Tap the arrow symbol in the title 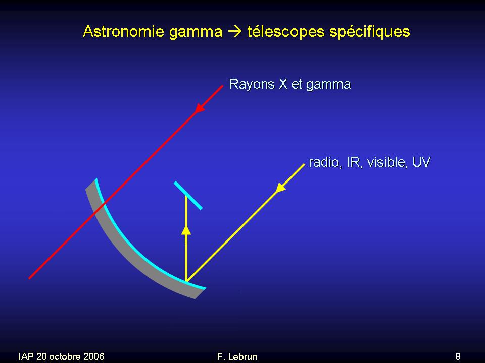click(x=235, y=32)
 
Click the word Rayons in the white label click(x=252, y=85)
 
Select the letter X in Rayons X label click(x=283, y=84)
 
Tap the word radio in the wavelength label click(x=325, y=162)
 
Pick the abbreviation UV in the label click(x=421, y=162)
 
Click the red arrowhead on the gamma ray click(x=200, y=108)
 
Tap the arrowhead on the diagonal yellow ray click(x=280, y=188)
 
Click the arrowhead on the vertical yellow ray click(x=186, y=230)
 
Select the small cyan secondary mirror click(x=188, y=196)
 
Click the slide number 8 click(x=458, y=356)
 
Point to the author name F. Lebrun click(x=237, y=356)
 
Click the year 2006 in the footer click(x=94, y=356)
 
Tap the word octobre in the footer click(x=65, y=356)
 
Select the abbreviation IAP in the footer click(x=26, y=356)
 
